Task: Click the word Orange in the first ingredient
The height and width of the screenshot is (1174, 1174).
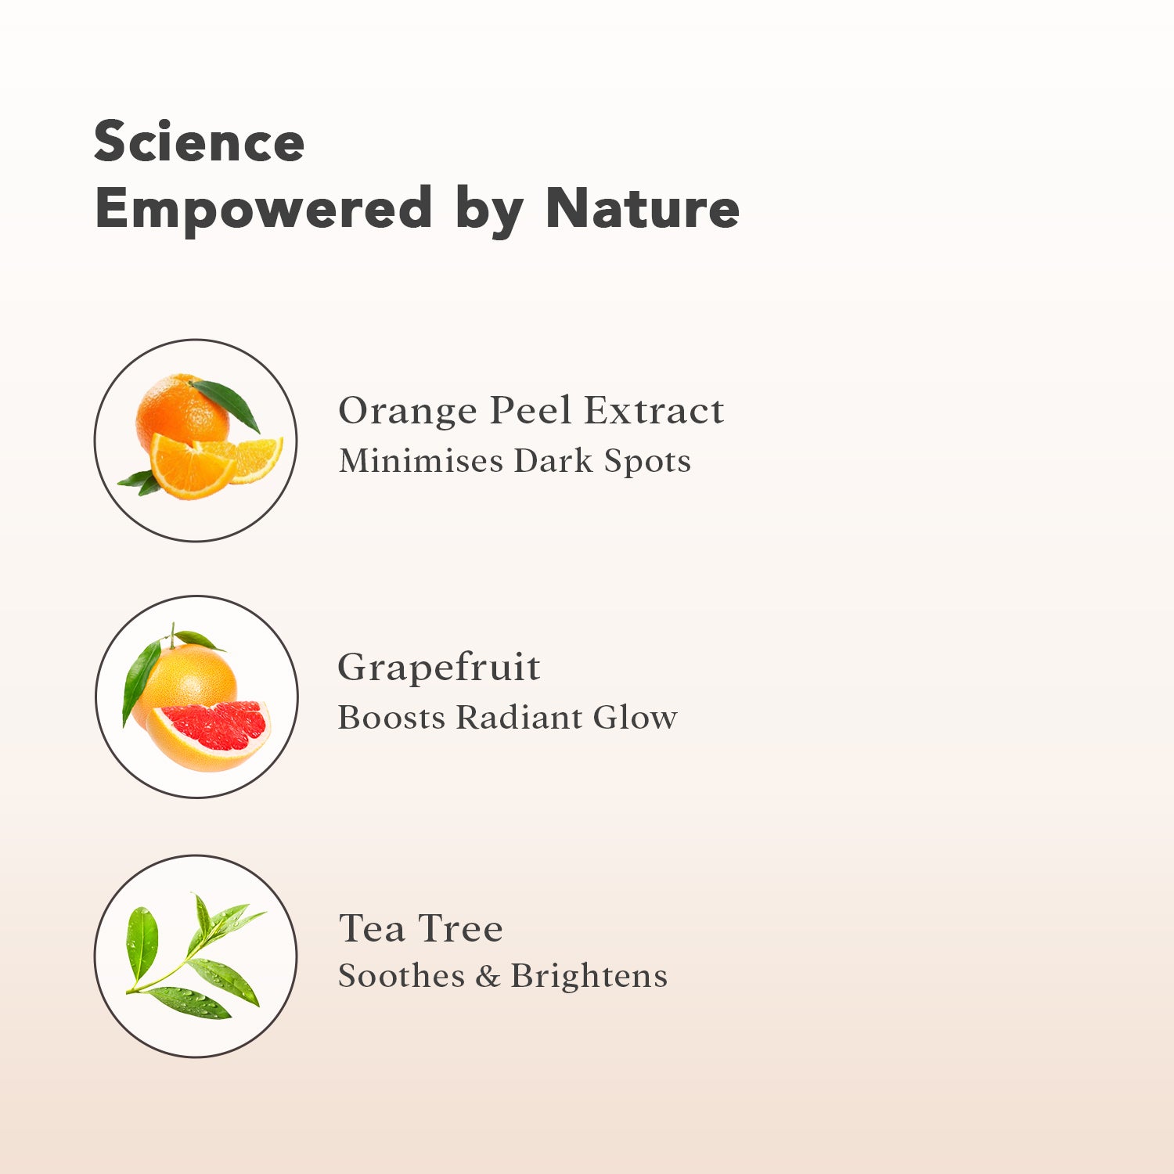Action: point(407,412)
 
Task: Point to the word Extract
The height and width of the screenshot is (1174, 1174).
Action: point(654,410)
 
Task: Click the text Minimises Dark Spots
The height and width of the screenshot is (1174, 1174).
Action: point(515,461)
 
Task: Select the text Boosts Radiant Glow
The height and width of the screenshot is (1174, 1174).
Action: point(507,717)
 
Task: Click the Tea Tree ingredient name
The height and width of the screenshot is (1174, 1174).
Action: point(420,928)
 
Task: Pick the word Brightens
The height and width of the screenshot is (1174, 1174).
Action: point(589,976)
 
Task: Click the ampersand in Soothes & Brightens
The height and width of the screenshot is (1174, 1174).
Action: point(488,976)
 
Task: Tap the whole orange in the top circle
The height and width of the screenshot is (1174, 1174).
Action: point(182,412)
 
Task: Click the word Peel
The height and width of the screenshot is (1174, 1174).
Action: point(530,410)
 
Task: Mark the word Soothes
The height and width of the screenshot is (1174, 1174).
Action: point(402,976)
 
